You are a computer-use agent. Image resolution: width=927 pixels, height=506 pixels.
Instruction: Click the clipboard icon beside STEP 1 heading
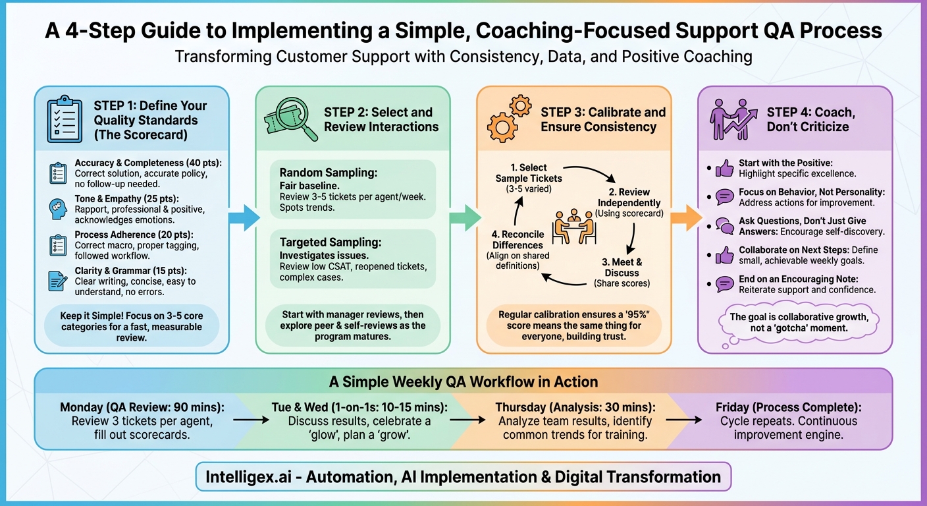(65, 119)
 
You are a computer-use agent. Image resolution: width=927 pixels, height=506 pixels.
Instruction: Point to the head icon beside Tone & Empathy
(59, 209)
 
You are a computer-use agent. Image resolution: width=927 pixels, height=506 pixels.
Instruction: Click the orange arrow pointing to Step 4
(687, 217)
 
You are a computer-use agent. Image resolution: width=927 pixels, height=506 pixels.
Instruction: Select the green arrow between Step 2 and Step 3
(465, 217)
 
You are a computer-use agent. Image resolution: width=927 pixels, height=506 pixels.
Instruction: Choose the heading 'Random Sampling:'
(329, 173)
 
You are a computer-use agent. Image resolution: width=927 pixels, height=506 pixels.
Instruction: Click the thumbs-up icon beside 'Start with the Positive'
(724, 169)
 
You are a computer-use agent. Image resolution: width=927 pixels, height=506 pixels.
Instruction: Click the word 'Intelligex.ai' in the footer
(255, 476)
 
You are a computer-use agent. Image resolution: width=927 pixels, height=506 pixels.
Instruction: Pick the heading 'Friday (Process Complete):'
(779, 407)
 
